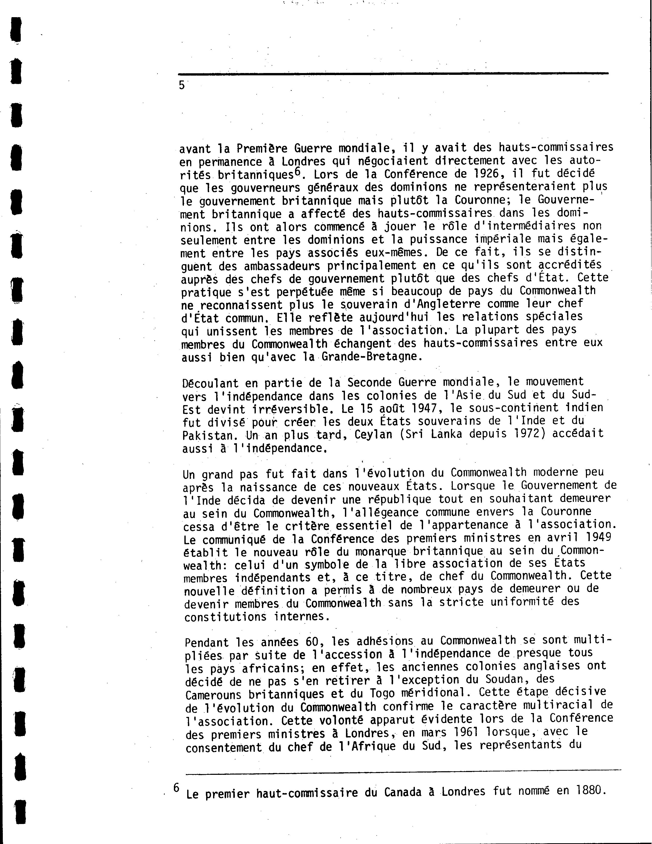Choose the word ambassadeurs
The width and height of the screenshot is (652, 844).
282,266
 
